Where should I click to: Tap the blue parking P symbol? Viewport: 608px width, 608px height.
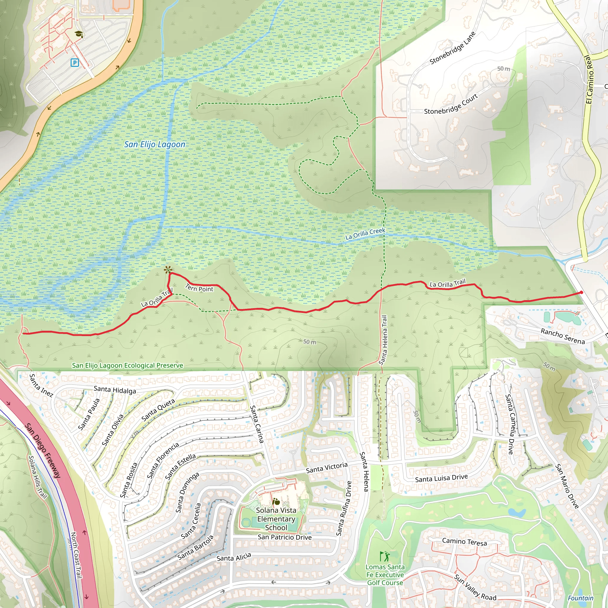point(75,63)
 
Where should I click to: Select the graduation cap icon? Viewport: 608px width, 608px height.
point(79,34)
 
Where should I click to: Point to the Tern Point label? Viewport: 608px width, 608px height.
point(199,288)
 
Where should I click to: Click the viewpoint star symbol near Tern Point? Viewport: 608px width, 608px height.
point(168,270)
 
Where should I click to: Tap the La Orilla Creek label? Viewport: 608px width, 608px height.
point(365,234)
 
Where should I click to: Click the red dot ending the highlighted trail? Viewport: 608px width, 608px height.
point(581,292)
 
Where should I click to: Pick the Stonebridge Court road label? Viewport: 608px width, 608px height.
point(451,104)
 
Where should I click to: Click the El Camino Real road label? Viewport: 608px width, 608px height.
point(589,79)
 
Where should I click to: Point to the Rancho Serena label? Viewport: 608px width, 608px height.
point(562,336)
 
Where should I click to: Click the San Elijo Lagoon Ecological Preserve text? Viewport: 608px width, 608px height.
point(127,365)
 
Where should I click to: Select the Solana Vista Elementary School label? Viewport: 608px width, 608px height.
point(276,519)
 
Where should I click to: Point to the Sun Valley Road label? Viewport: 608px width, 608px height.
point(475,587)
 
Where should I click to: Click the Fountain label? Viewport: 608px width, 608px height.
point(581,598)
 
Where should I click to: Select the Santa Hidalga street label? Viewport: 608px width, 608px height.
point(115,390)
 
